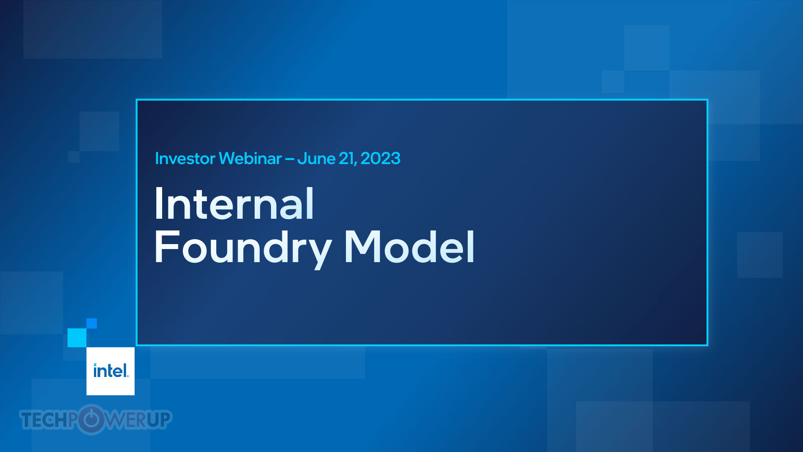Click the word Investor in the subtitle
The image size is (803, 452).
pos(185,159)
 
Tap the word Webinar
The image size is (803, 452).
pos(250,159)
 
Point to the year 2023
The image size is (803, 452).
pos(380,159)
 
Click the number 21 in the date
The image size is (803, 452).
pos(347,159)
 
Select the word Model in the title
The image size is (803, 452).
pos(409,246)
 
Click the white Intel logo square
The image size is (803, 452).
pos(111,371)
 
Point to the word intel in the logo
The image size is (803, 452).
pos(111,371)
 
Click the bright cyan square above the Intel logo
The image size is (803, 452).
pos(77,338)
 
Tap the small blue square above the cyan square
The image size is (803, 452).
pos(92,323)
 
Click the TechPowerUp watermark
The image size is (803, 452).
pos(96,419)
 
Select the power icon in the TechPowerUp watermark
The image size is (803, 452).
pos(91,419)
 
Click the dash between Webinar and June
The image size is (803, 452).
pos(289,159)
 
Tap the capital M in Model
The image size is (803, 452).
pos(364,246)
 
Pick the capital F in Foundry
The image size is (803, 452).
pos(167,246)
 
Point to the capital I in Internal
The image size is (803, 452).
pos(159,203)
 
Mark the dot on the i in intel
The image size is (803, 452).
pos(95,365)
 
